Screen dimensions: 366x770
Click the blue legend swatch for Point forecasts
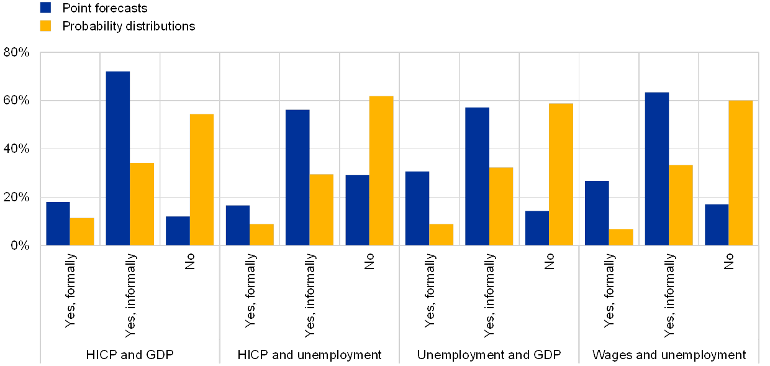pyautogui.click(x=45, y=7)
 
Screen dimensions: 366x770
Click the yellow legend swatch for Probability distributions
pyautogui.click(x=45, y=25)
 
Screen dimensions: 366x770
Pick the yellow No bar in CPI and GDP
pyautogui.click(x=202, y=180)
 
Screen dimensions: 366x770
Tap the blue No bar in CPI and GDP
pyautogui.click(x=178, y=231)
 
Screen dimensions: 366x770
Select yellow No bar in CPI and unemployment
pyautogui.click(x=381, y=170)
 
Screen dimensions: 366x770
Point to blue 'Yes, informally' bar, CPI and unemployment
pyautogui.click(x=297, y=177)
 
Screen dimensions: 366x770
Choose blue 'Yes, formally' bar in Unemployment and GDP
pyautogui.click(x=417, y=208)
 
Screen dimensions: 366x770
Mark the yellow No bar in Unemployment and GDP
pyautogui.click(x=561, y=174)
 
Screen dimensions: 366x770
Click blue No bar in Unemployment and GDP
pyautogui.click(x=537, y=228)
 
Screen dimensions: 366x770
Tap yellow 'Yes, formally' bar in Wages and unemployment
pyautogui.click(x=621, y=237)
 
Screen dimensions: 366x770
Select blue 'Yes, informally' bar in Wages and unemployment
pyautogui.click(x=657, y=168)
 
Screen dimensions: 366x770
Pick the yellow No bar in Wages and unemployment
pyautogui.click(x=740, y=173)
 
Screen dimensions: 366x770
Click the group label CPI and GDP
pyautogui.click(x=137, y=355)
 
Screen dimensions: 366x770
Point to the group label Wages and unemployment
pyautogui.click(x=668, y=355)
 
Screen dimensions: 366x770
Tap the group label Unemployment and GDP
pyautogui.click(x=489, y=355)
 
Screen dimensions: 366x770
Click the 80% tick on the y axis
pyautogui.click(x=17, y=53)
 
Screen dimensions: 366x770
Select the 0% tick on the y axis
pyautogui.click(x=20, y=245)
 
